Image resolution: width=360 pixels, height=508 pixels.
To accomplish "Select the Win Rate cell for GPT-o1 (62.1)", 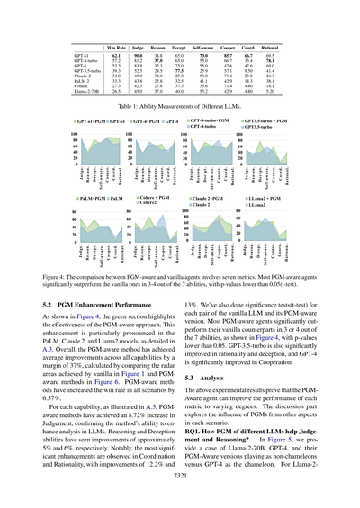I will [x=115, y=55].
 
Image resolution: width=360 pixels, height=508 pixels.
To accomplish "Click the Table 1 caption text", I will [x=180, y=105].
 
